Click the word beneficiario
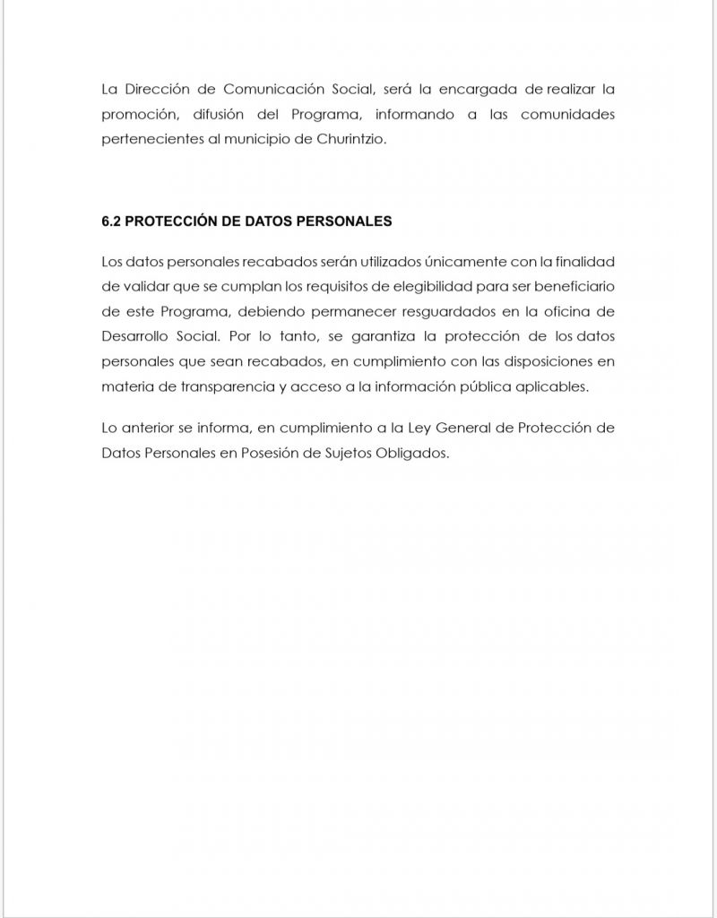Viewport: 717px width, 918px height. click(x=571, y=287)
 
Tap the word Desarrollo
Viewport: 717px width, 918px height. click(x=135, y=336)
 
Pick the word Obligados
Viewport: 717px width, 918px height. click(x=408, y=453)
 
